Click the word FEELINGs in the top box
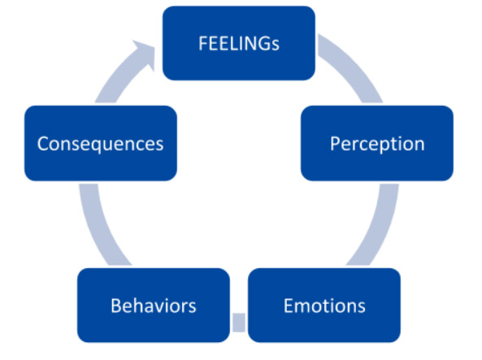239,43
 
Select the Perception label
377,144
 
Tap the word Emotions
324,306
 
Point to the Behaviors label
154,306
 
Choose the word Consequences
100,144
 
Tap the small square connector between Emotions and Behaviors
239,322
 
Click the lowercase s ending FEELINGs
275,46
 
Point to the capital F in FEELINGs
203,43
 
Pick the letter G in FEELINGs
263,43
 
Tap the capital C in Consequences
43,144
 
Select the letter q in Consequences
103,146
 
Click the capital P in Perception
336,143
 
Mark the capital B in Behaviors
116,306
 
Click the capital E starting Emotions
289,306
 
